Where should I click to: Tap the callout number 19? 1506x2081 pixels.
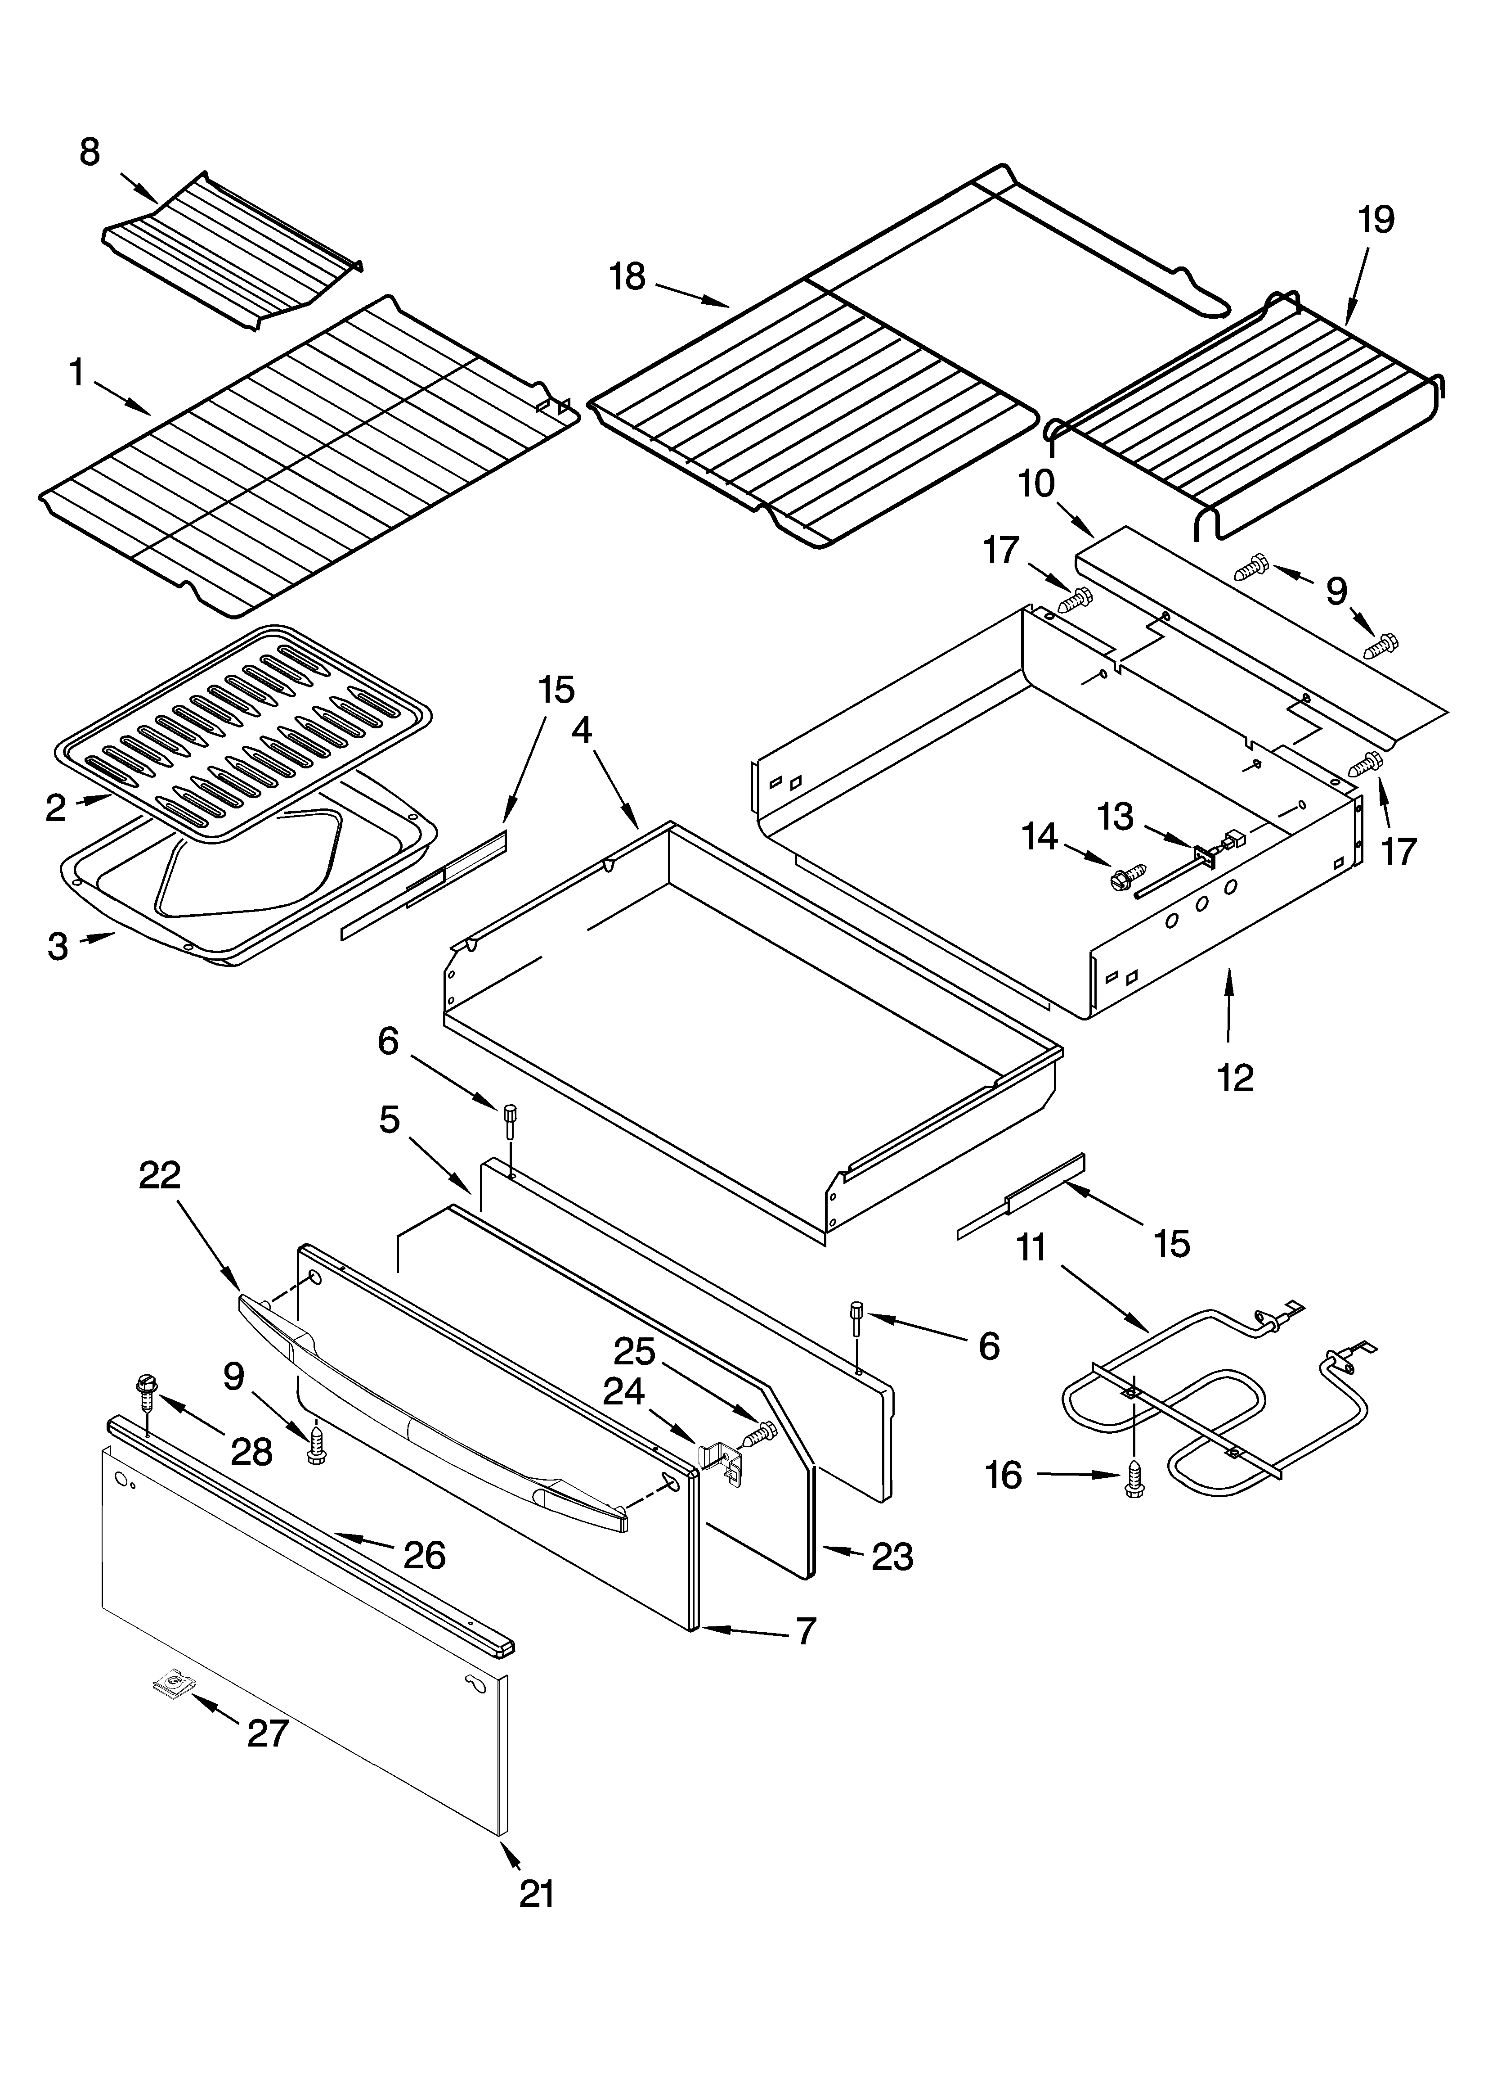click(1376, 220)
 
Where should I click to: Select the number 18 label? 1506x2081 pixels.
click(628, 276)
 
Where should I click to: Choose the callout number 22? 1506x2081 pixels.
click(160, 1175)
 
